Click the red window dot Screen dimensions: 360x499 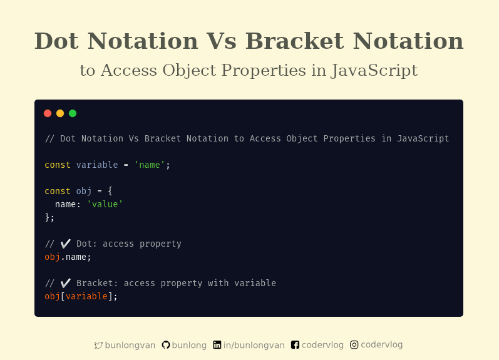48,113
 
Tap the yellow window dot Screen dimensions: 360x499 60,113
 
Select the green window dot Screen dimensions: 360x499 73,113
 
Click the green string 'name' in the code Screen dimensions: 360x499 150,165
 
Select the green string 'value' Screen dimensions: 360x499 105,204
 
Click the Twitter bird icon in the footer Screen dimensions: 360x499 98,345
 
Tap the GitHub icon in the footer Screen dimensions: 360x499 166,345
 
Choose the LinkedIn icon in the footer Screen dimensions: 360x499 217,345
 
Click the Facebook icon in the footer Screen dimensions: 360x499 296,345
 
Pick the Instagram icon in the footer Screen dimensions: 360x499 354,344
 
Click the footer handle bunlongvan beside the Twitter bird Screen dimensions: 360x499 130,345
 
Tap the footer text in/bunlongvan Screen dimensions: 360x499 254,345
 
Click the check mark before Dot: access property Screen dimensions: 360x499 65,244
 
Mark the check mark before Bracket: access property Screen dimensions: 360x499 65,283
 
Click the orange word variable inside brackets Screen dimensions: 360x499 86,296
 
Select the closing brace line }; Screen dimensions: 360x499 49,217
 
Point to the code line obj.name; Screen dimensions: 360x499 68,257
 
